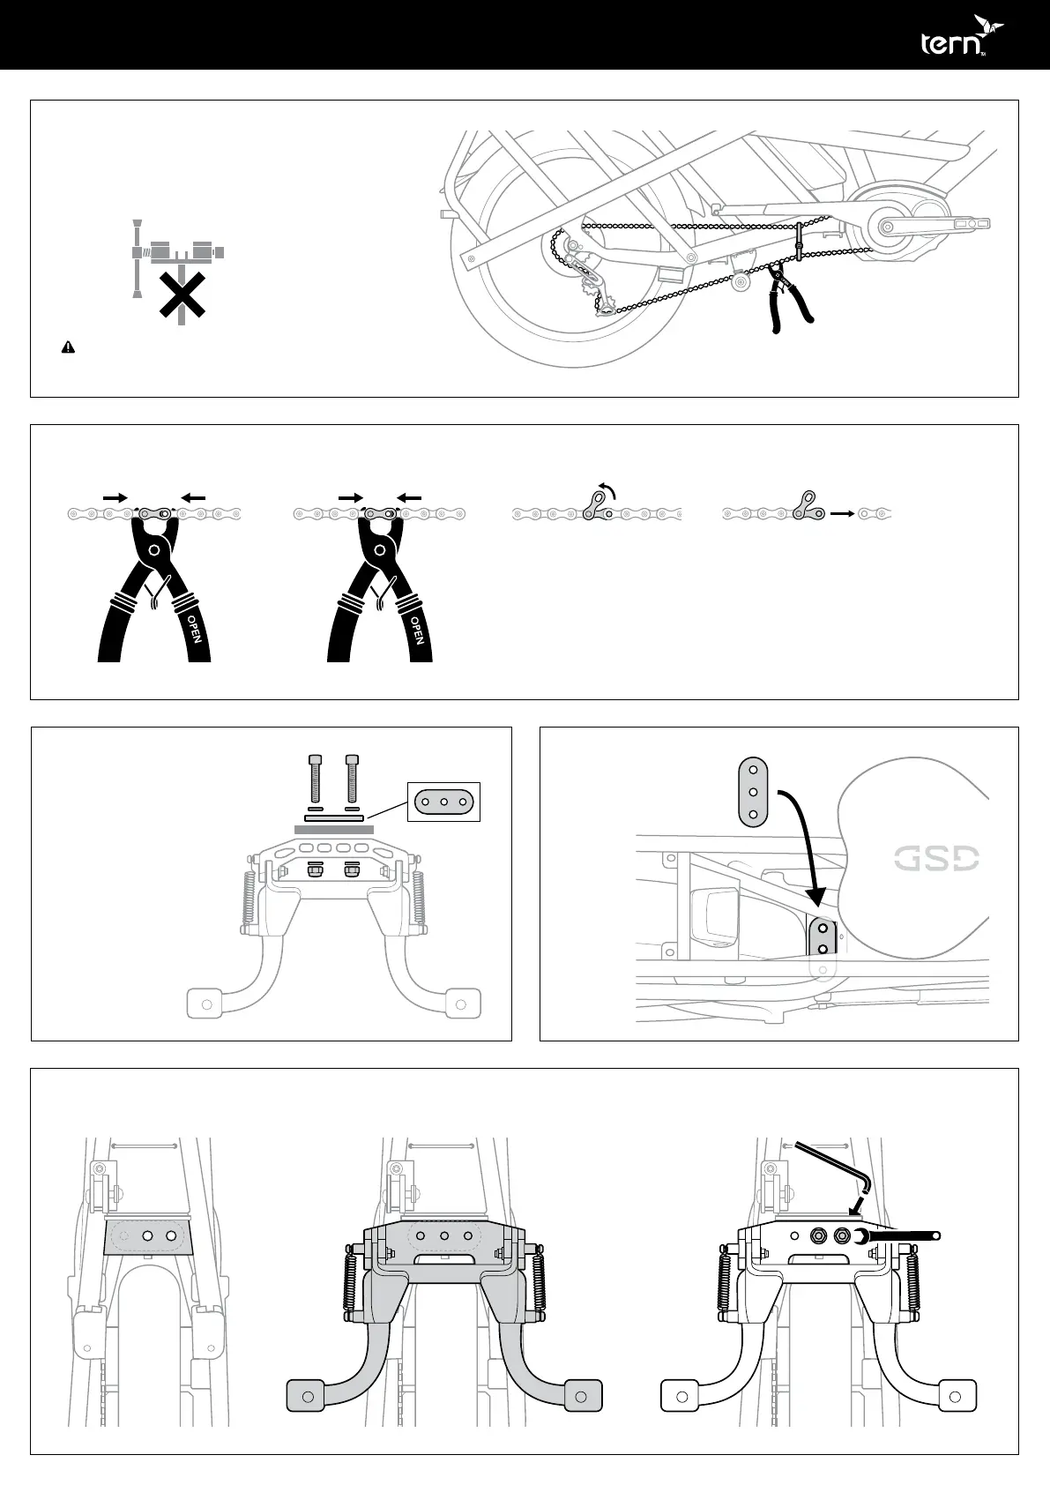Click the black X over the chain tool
182,295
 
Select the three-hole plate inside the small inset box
444,802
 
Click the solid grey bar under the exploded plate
333,829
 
